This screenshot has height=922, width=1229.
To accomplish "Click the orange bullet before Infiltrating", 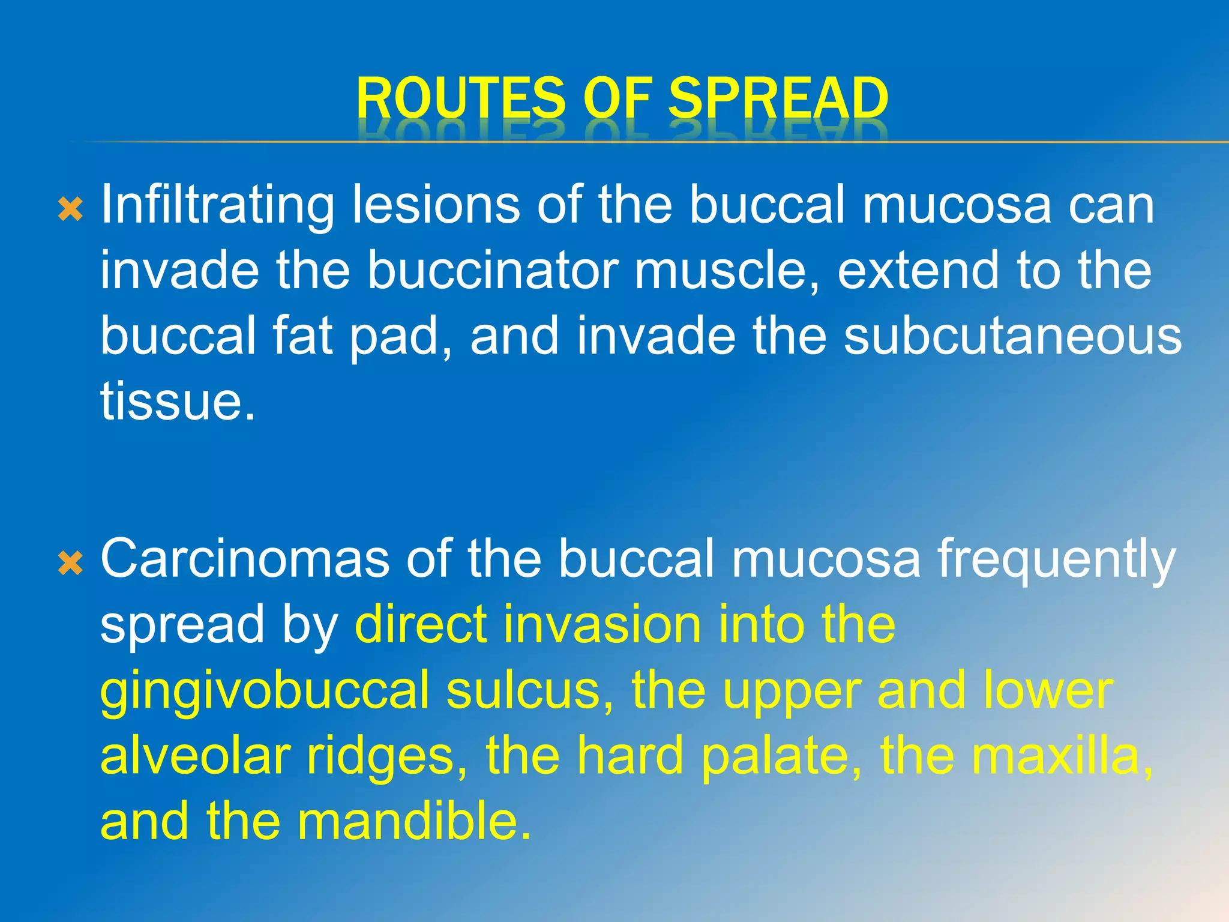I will pyautogui.click(x=70, y=209).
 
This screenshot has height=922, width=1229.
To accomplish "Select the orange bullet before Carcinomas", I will pyautogui.click(x=70, y=564).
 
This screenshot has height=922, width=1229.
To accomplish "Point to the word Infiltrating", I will pyautogui.click(x=217, y=205).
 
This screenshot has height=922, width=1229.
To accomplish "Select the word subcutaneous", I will pyautogui.click(x=1012, y=336).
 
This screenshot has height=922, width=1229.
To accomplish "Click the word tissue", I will pyautogui.click(x=177, y=401).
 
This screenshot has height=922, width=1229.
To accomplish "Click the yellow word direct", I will pyautogui.click(x=421, y=624).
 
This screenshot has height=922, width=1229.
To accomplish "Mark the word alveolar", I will pyautogui.click(x=195, y=755).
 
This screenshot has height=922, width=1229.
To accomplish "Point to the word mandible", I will pyautogui.click(x=414, y=821).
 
